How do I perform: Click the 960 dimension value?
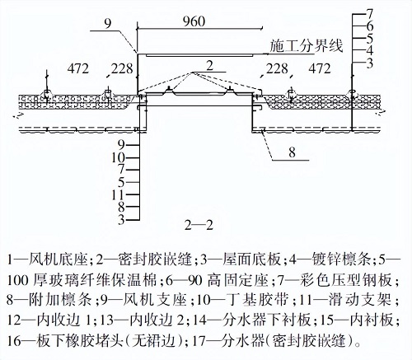194,21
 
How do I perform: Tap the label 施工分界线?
307,46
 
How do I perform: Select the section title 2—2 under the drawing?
199,226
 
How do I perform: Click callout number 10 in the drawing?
118,157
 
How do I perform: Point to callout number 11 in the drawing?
118,194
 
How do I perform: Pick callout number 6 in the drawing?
370,26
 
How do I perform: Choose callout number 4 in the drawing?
370,50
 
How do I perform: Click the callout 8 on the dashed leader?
292,152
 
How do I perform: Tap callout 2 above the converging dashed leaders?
209,66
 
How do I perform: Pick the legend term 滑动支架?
359,299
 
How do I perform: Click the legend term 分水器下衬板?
266,320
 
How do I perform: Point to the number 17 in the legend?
195,340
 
